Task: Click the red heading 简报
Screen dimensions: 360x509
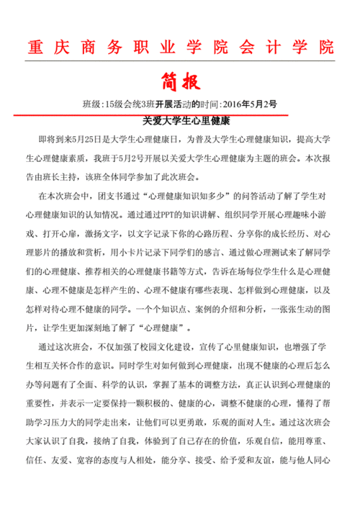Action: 180,78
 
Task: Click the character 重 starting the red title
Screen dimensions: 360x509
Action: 33,48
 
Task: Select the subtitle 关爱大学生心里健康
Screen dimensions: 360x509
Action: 180,121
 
